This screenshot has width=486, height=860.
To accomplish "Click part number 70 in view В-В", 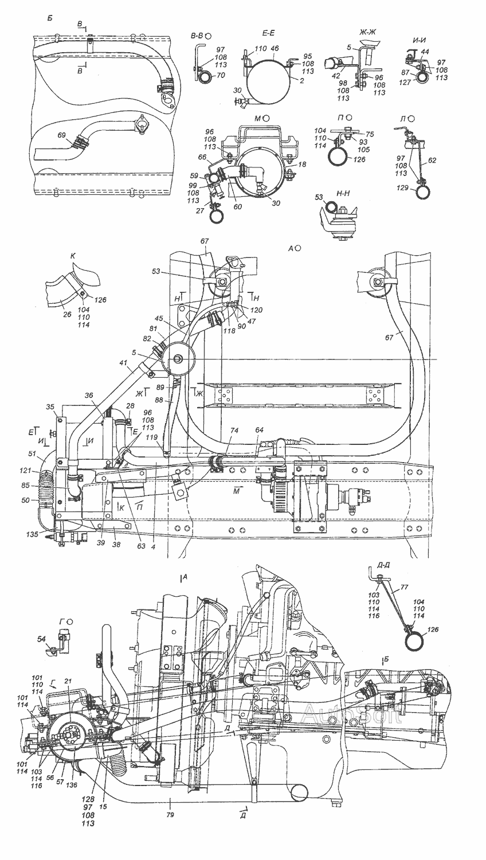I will [x=221, y=75].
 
